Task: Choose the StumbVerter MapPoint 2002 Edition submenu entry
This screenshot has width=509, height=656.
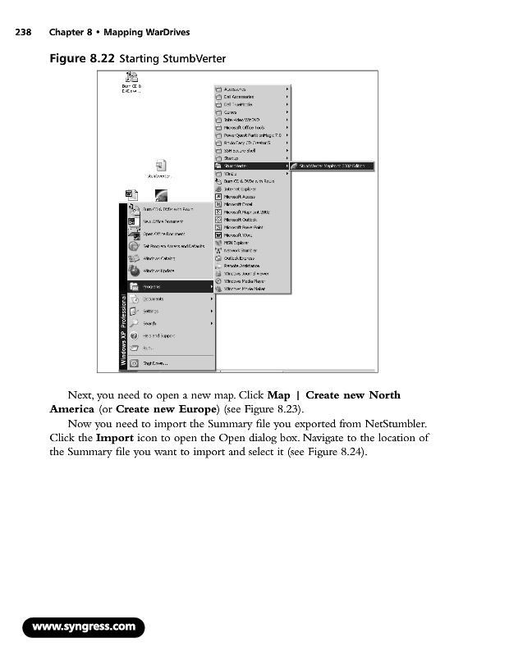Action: [x=337, y=166]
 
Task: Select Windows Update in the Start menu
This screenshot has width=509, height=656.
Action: [x=159, y=271]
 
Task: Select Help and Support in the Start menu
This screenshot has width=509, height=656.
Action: [x=161, y=336]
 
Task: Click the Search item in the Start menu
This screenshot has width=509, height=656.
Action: [x=152, y=324]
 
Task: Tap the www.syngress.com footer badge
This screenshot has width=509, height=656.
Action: [x=83, y=627]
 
